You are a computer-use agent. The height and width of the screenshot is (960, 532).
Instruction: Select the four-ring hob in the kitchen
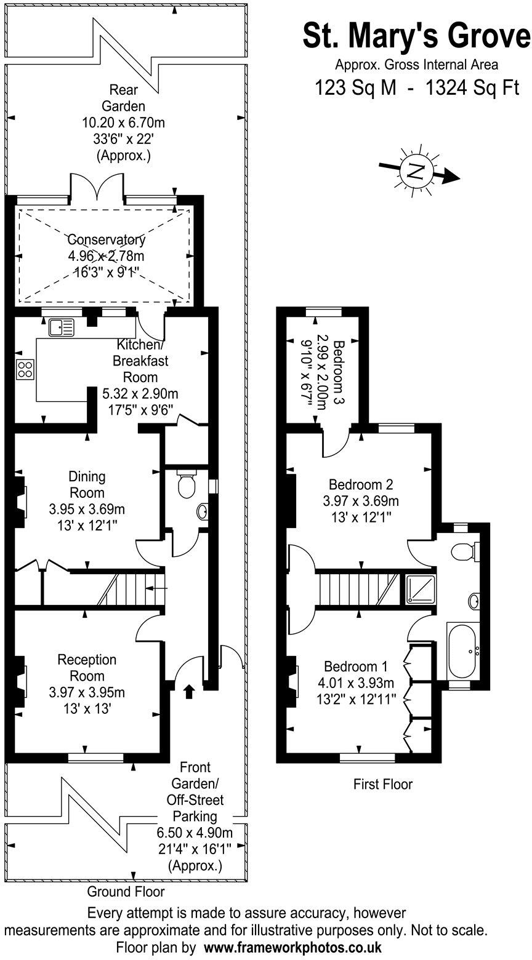(25, 369)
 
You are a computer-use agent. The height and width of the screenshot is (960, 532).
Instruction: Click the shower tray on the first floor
(421, 590)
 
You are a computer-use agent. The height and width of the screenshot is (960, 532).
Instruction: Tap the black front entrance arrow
(188, 692)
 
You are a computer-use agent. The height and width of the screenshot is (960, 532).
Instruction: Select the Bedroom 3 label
(338, 372)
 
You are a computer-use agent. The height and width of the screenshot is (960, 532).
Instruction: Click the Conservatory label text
(107, 240)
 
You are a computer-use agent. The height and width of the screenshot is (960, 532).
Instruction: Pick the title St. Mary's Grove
(416, 36)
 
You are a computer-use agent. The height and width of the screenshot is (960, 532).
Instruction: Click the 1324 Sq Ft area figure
(469, 89)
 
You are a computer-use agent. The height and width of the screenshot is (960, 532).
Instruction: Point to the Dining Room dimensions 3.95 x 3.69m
(87, 509)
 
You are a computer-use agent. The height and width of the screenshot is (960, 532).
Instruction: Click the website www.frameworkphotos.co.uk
(292, 947)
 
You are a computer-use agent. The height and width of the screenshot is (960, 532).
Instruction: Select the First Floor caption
(382, 784)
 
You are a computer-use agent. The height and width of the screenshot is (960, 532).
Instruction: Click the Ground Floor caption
(126, 891)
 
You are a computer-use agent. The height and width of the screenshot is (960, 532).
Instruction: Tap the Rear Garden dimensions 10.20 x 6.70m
(123, 122)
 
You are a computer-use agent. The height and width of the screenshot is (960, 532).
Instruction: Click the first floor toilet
(464, 551)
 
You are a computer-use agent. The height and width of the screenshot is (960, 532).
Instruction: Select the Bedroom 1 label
(356, 666)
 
